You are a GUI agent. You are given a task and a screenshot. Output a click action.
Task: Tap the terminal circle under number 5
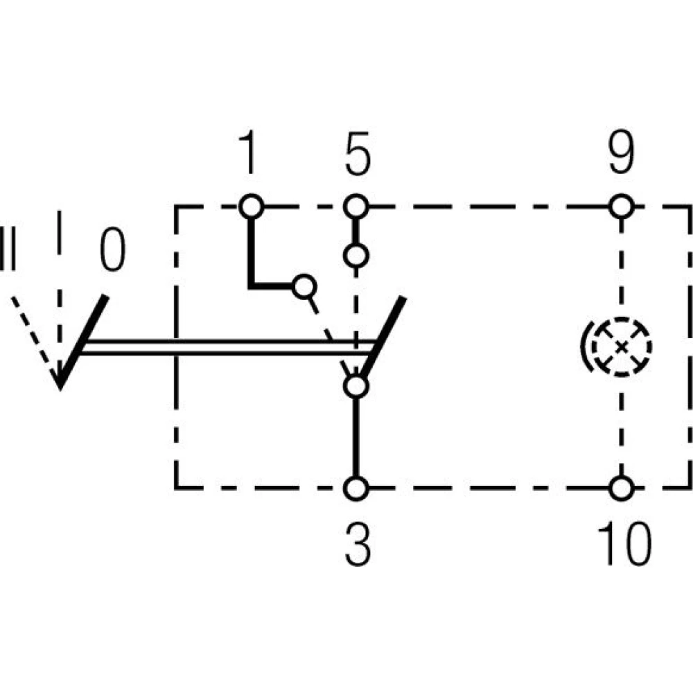pyautogui.click(x=356, y=207)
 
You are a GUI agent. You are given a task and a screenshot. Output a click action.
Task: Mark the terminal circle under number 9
pyautogui.click(x=622, y=207)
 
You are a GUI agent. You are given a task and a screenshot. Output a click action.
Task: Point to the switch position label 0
pyautogui.click(x=113, y=251)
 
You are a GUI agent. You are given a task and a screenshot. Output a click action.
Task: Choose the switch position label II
pyautogui.click(x=8, y=247)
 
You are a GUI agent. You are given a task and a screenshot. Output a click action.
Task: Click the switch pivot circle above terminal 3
pyautogui.click(x=356, y=385)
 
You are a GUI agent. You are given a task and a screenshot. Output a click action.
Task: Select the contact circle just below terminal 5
pyautogui.click(x=356, y=256)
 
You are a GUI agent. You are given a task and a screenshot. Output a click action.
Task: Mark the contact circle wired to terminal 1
pyautogui.click(x=304, y=286)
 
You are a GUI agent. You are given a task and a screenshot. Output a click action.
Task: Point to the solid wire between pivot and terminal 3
pyautogui.click(x=356, y=437)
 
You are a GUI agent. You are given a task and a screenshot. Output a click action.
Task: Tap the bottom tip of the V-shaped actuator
pyautogui.click(x=60, y=385)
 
